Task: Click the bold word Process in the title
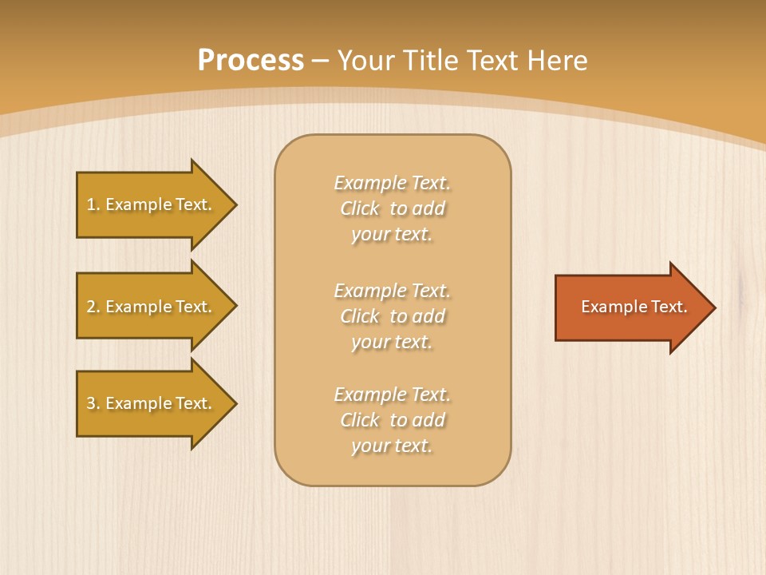(x=251, y=61)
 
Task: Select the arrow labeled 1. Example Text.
(x=152, y=204)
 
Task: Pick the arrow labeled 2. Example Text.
(x=152, y=307)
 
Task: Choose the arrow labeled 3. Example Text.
(x=152, y=403)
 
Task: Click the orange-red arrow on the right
(x=630, y=307)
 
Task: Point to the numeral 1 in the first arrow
(x=91, y=204)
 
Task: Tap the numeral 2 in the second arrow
(x=91, y=307)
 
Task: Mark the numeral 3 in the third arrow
(x=91, y=403)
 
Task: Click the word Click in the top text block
(x=360, y=208)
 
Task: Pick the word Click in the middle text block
(x=360, y=316)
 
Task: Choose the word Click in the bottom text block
(x=360, y=420)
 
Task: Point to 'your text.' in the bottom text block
(x=392, y=446)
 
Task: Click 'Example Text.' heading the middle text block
(x=392, y=291)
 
